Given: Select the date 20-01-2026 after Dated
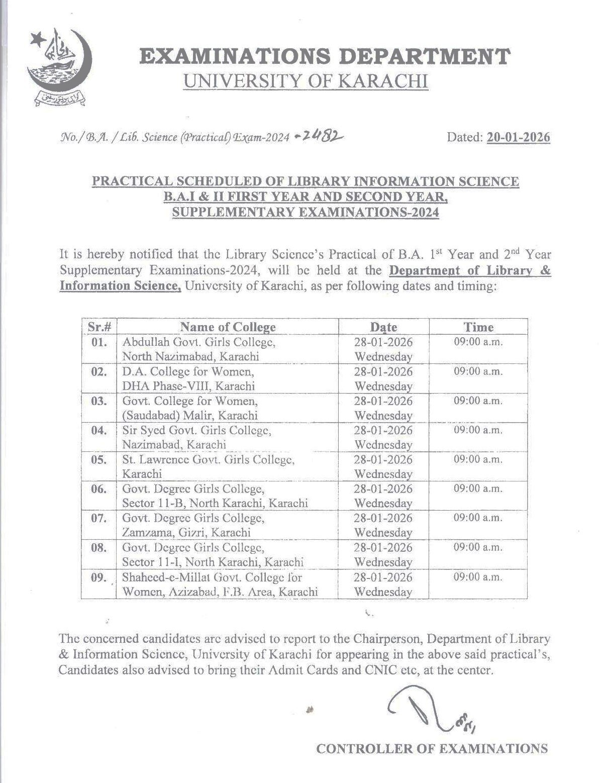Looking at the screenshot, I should [518, 137].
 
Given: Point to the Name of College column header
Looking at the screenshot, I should [228, 327].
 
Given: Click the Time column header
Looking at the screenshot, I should [478, 327].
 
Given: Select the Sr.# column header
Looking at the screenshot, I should [99, 327].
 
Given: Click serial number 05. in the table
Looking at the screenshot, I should [99, 459].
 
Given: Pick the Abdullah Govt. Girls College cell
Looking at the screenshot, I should [198, 349].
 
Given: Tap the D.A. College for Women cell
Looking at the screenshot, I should [188, 378].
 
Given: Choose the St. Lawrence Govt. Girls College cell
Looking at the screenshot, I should [208, 466].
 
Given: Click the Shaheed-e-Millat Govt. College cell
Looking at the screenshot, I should [220, 584].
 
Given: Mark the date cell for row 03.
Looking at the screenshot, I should [383, 408].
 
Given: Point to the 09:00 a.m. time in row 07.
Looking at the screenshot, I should [478, 518].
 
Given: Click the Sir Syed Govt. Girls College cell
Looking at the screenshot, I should [196, 437].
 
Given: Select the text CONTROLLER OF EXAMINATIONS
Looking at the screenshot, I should [432, 749].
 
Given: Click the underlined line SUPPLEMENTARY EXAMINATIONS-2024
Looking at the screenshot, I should [306, 213].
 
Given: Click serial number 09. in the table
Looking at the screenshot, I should [99, 577].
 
